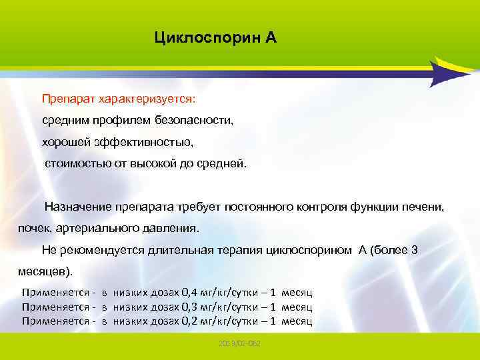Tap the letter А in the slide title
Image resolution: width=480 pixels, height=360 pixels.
pos(270,37)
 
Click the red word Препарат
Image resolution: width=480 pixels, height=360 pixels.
pos(69,99)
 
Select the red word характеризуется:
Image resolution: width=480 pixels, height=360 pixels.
pos(147,99)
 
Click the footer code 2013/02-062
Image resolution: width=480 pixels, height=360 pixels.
pos(239,342)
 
